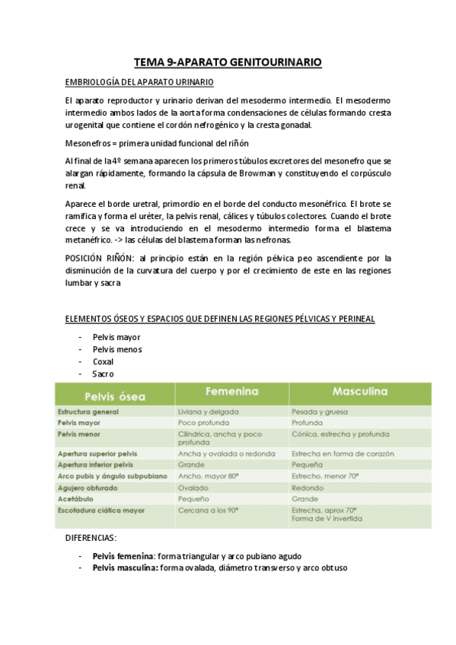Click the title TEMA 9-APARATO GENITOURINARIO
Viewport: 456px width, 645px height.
228,62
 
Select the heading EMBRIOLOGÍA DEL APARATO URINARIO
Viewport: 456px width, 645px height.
140,82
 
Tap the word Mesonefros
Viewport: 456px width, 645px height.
86,144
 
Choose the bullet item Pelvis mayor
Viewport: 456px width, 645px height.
116,337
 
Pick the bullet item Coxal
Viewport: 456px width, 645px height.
104,361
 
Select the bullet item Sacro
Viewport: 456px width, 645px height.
104,373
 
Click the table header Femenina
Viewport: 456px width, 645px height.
231,392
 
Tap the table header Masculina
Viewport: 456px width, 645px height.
360,392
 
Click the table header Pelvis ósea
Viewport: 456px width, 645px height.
113,396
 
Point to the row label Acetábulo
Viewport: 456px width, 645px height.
78,499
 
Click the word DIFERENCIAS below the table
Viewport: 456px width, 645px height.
91,537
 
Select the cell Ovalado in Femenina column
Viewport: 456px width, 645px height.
193,488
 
